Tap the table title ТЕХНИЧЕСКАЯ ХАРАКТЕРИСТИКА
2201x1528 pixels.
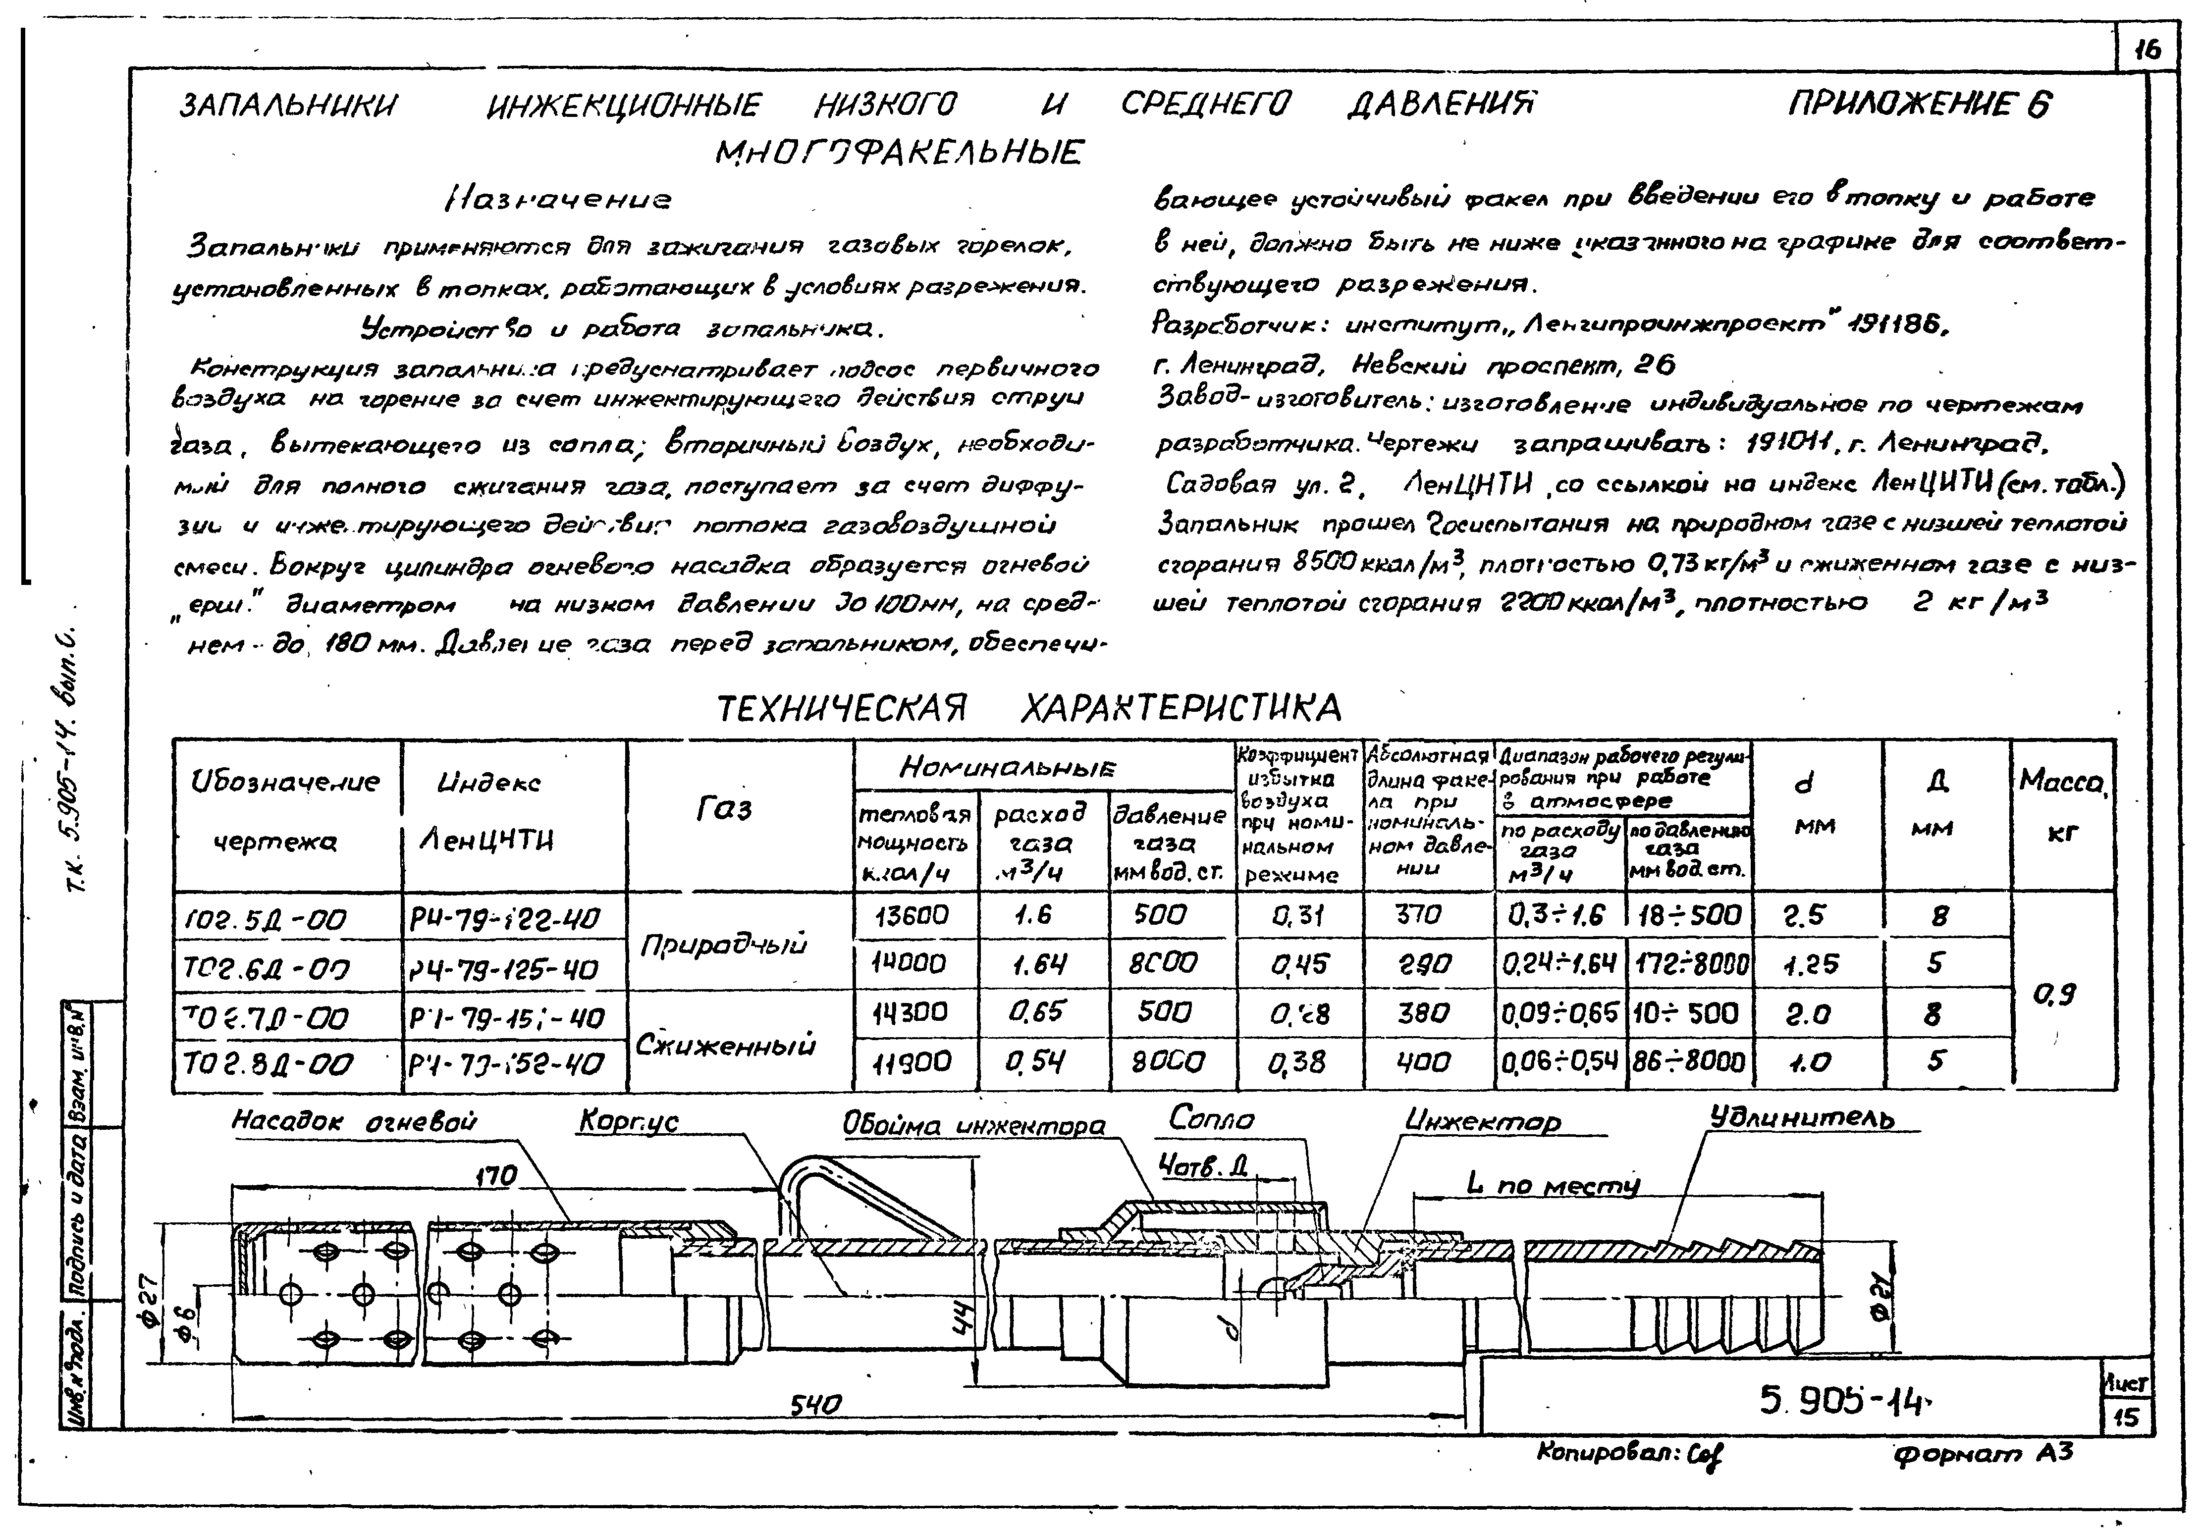point(1029,708)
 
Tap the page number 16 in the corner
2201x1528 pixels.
point(2148,51)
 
